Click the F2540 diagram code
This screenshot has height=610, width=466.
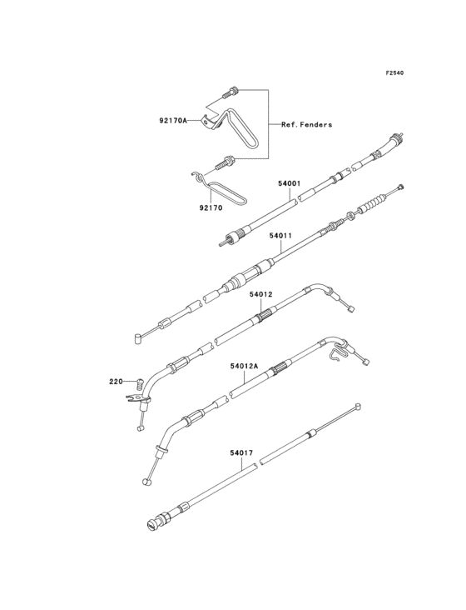(394, 72)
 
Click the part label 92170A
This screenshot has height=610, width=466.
(173, 121)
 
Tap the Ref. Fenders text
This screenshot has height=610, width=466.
(307, 124)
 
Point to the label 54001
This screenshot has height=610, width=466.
(290, 182)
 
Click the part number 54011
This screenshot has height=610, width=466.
(280, 235)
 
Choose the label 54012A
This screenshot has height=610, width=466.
(245, 366)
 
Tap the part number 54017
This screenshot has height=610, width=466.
(241, 452)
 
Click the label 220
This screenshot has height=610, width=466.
(116, 382)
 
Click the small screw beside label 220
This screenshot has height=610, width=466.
(140, 383)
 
